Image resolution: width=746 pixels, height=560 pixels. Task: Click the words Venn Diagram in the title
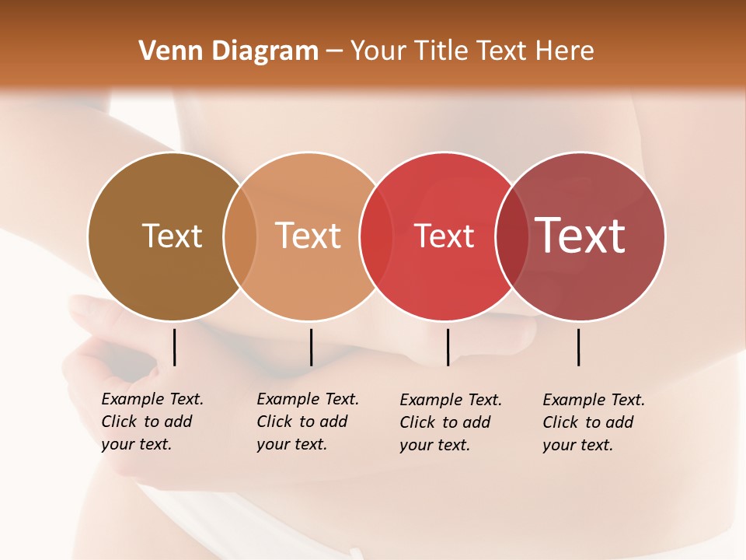[x=228, y=51]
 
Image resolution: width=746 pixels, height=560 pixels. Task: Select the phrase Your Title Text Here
[x=472, y=51]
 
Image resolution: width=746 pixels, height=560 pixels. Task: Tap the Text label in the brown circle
[x=172, y=236]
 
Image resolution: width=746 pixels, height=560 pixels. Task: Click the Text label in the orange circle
[x=308, y=236]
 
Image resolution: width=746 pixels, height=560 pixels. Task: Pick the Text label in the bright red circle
[x=444, y=236]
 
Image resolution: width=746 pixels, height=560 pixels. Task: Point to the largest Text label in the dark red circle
[x=580, y=235]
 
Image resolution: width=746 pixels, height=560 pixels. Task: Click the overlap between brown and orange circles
[x=240, y=236]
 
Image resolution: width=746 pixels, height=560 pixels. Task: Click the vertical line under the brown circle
[x=174, y=347]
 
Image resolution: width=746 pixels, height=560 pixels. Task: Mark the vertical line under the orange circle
[x=311, y=347]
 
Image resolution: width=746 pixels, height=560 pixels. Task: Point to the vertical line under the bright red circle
[x=448, y=347]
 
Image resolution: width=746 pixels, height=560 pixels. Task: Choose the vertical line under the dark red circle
[x=578, y=347]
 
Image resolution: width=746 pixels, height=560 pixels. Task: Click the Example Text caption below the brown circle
[x=152, y=422]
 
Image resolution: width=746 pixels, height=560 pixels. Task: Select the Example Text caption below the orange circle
[x=308, y=422]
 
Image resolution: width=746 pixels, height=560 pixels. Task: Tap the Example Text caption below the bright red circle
[x=451, y=422]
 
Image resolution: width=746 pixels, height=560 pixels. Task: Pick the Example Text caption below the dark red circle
[x=594, y=422]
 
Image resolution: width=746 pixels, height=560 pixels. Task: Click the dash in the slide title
[x=334, y=51]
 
